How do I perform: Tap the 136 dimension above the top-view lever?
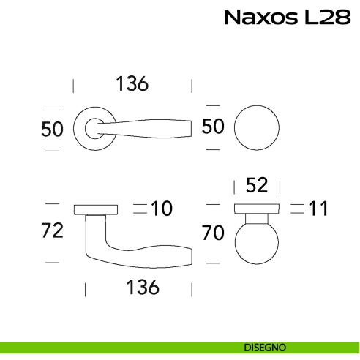coord(132,84)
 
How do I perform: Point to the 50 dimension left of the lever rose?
coord(53,129)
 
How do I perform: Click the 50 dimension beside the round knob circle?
coord(212,127)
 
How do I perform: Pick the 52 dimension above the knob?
coord(256,185)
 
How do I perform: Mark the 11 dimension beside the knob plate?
coord(318,209)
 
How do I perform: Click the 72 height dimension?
coord(53,231)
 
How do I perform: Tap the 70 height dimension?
coord(212,233)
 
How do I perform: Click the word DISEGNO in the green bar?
coord(266,347)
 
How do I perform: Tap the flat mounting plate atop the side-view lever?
coord(96,209)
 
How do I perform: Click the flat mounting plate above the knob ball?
coord(256,209)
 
